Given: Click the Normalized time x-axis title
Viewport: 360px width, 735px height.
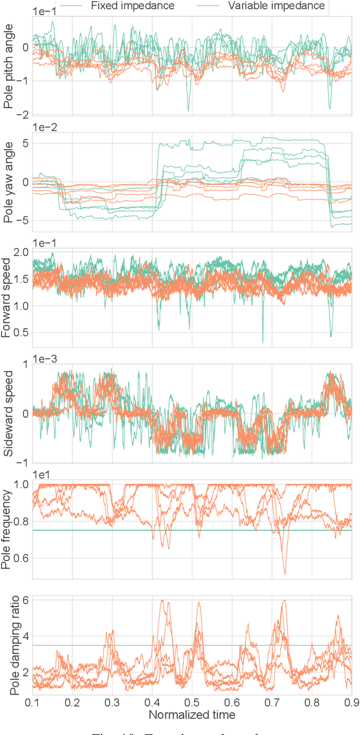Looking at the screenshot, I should point(192,715).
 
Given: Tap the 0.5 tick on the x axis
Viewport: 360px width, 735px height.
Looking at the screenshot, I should point(192,703).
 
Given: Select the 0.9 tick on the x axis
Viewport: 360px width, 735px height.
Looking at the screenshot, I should point(351,703).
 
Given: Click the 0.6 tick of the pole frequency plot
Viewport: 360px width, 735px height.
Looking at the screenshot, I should point(20,558).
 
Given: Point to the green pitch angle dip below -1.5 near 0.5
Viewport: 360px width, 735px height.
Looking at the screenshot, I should point(188,110).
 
